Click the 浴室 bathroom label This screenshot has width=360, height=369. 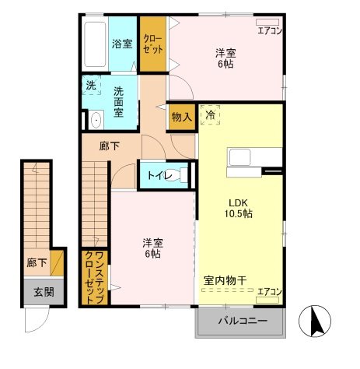tap(122, 44)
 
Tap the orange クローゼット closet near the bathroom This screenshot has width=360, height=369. tap(153, 44)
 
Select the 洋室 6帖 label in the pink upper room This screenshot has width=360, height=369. tap(225, 58)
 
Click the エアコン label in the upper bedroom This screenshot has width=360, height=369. tap(269, 31)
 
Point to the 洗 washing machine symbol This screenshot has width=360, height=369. tap(91, 86)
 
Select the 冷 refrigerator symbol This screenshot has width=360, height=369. tap(211, 114)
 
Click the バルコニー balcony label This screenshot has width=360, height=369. tap(242, 322)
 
